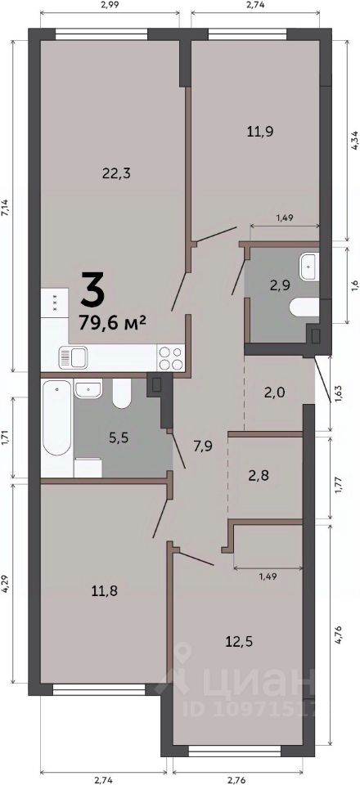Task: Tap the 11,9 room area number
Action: pos(260,132)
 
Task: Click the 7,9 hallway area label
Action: pos(203,445)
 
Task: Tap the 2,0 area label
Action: pos(274,392)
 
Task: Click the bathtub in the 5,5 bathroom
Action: pos(56,417)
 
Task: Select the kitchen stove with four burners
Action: pos(171,358)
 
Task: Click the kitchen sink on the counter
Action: pos(73,357)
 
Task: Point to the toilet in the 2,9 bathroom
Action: pos(304,307)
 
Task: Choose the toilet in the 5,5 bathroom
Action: pos(122,393)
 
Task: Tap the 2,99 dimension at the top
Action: pos(110,6)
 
